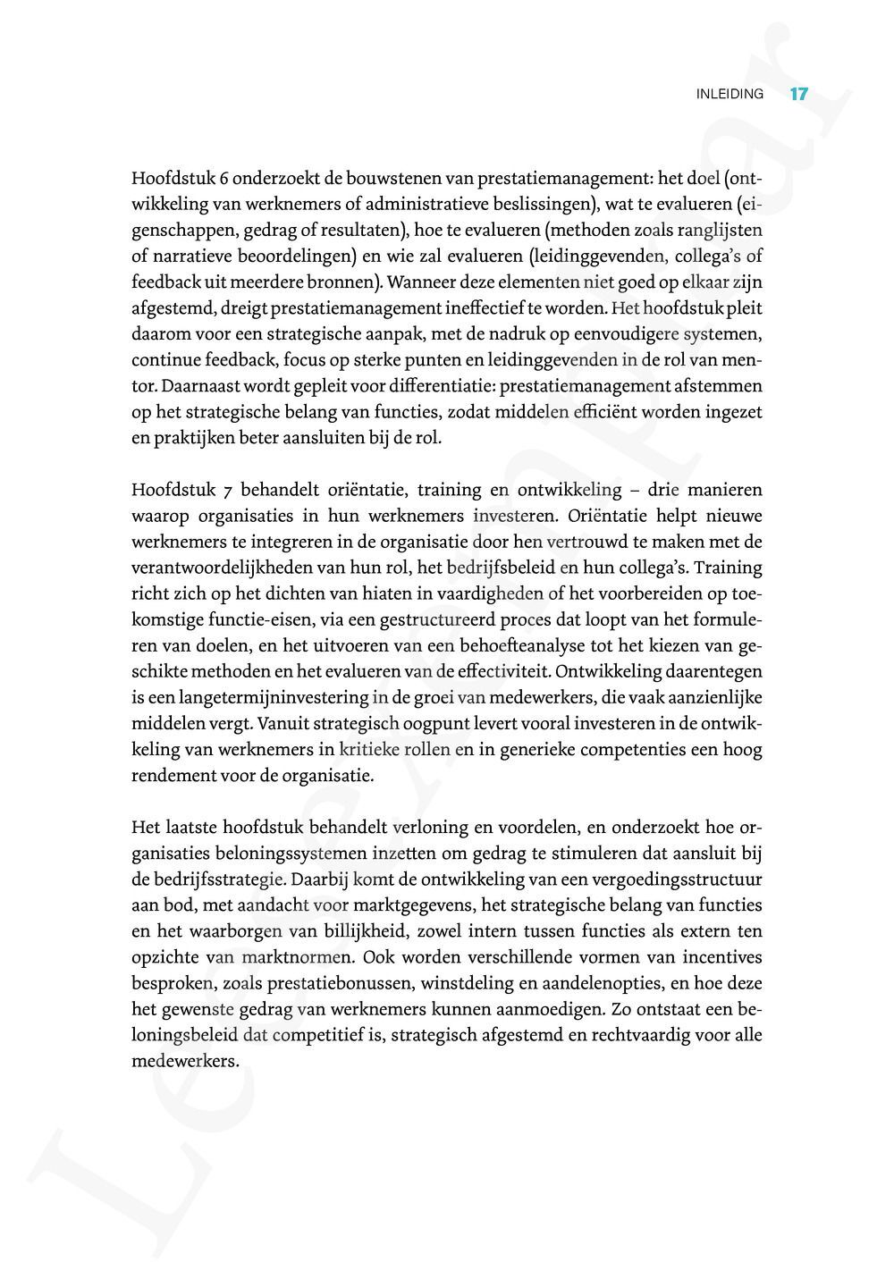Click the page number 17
pyautogui.click(x=799, y=93)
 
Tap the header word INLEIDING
pyautogui.click(x=730, y=94)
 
